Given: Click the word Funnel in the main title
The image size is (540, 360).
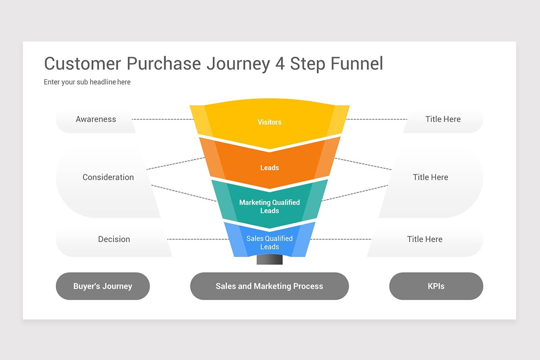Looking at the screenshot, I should coord(357,64).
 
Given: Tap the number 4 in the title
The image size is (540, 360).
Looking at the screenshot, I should coord(279,64).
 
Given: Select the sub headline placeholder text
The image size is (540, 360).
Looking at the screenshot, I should coord(87,82).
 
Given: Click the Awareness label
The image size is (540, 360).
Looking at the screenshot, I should coord(96,119).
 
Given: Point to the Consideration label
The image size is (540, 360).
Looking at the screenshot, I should coord(108,177).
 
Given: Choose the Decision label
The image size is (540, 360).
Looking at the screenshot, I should coord(114,239).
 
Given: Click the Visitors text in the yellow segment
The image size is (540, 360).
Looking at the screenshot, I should coord(269,122).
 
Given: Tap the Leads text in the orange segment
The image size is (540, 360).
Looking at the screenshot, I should coord(269,168).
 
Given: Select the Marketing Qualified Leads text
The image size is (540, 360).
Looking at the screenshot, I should coord(269,207).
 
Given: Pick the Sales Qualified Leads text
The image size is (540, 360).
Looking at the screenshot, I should coord(269,243).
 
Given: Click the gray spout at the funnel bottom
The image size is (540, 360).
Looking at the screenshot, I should coord(269,260).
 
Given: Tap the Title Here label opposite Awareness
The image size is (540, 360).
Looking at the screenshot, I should coord(443,119).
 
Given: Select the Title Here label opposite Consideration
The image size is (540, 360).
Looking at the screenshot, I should coord(430,177).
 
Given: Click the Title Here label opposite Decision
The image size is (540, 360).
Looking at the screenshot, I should coord(424,239).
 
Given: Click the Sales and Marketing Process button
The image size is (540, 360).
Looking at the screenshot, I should coord(269,286).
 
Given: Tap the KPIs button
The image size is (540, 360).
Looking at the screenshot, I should coord(436,286).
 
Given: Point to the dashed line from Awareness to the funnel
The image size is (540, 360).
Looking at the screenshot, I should coord(162,119).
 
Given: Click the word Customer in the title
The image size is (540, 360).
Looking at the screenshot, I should coord(83,64).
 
